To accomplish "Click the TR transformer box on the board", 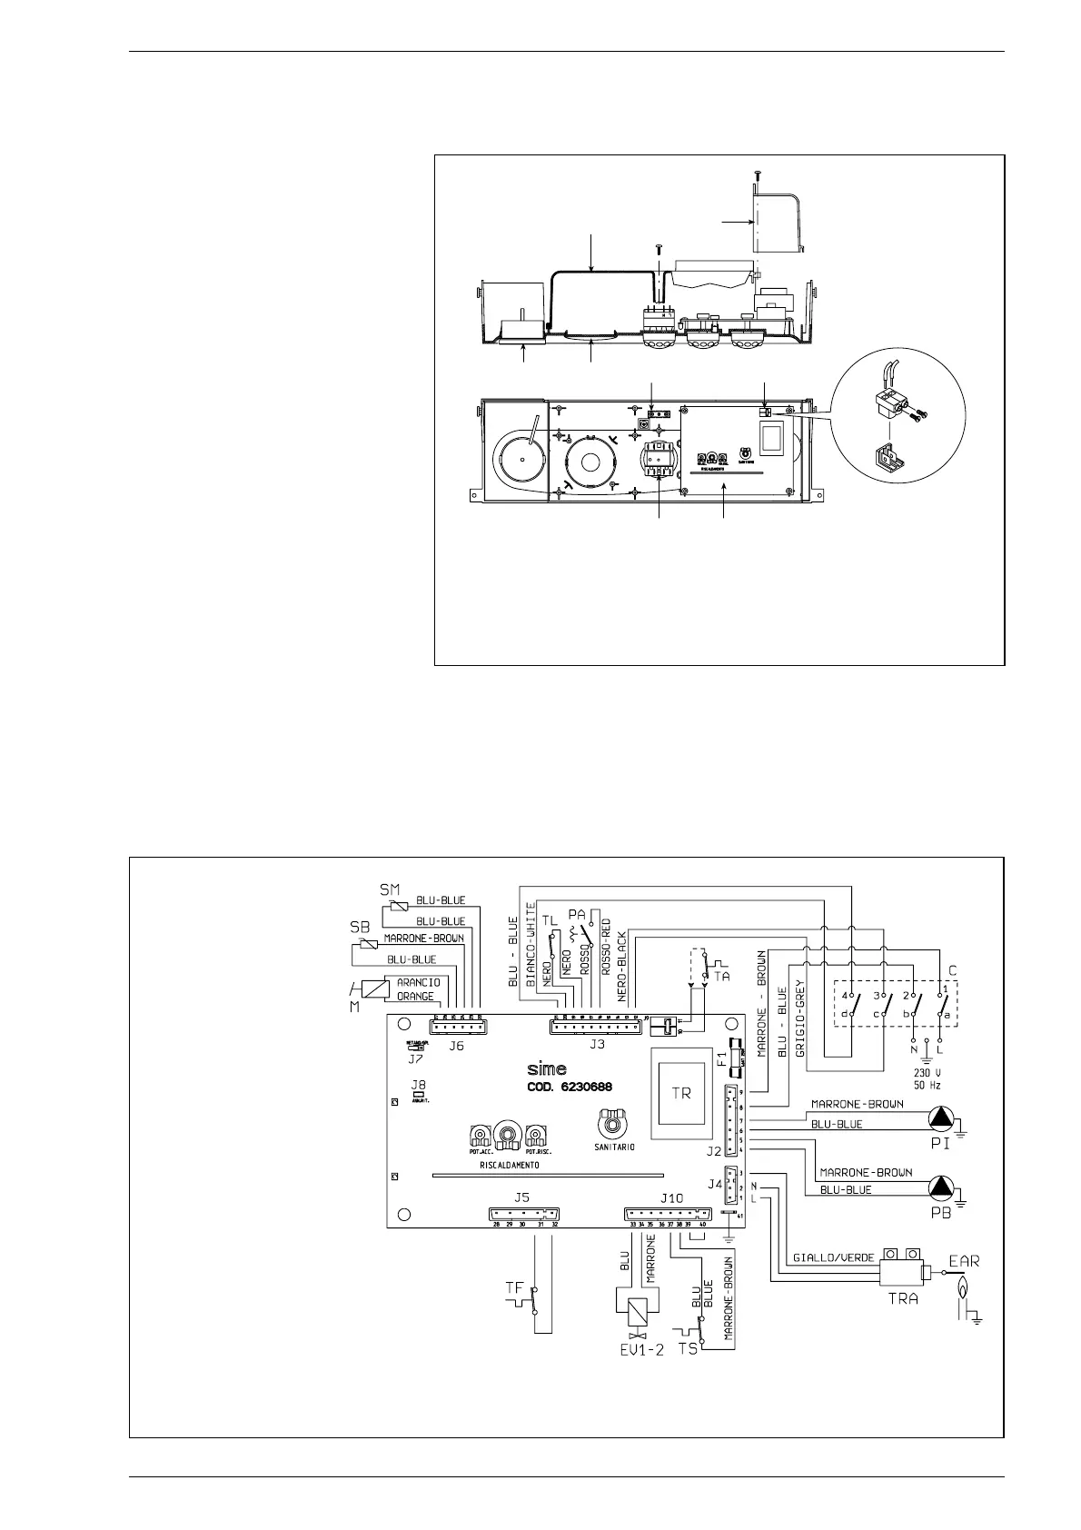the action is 681,1093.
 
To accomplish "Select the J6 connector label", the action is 456,1046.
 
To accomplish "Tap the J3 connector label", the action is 597,1045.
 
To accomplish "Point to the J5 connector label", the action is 521,1197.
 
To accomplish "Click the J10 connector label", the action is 671,1197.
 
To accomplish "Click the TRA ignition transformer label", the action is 902,1298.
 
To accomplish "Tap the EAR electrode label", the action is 965,1261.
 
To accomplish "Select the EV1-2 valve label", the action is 642,1350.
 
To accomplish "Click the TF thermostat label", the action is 514,1287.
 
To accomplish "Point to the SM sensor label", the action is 389,888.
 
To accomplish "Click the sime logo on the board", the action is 547,1068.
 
